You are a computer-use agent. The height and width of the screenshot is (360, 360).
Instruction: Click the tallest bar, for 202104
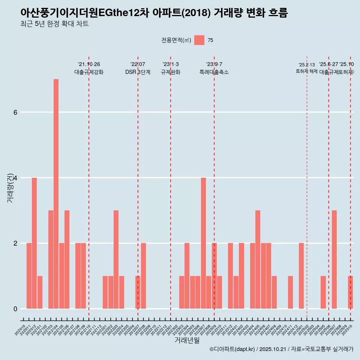(56, 194)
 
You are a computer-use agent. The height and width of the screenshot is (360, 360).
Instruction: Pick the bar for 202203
(116, 259)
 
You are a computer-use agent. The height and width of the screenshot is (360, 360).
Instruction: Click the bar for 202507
(334, 259)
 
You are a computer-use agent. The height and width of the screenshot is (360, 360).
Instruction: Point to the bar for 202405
(258, 259)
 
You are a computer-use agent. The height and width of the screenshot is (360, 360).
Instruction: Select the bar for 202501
(301, 276)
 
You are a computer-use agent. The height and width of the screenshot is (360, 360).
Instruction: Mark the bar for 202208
(143, 276)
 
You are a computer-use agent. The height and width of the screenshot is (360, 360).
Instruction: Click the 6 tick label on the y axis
(15, 112)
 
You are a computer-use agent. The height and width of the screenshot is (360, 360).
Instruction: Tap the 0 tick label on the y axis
(15, 309)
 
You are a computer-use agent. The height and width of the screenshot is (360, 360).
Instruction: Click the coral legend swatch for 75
(199, 40)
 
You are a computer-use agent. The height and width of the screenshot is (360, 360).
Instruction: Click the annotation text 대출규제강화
(89, 72)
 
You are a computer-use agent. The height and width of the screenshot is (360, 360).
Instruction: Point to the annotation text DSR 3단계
(138, 72)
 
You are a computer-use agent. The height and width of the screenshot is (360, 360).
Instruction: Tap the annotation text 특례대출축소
(214, 72)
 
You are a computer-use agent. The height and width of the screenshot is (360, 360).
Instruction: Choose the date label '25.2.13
(307, 64)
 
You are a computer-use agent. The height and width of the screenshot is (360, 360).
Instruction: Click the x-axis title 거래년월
(187, 340)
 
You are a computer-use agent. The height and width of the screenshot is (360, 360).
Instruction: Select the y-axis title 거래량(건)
(10, 187)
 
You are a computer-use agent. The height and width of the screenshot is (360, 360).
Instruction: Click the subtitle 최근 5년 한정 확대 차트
(54, 24)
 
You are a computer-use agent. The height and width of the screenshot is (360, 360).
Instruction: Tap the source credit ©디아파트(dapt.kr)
(232, 349)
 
